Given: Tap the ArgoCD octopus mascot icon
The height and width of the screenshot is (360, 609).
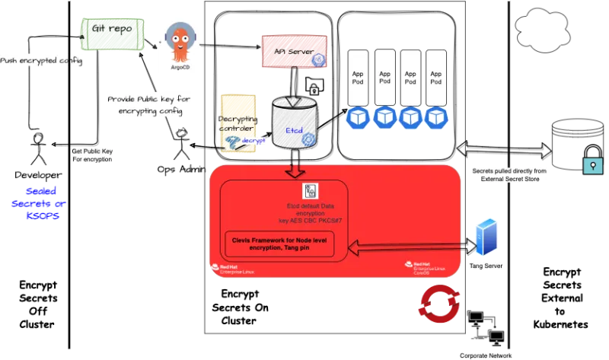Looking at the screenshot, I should tap(180, 42).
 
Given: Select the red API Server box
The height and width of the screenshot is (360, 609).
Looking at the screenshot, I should tap(295, 51).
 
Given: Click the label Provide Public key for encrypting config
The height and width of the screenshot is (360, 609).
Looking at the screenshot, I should tap(151, 105).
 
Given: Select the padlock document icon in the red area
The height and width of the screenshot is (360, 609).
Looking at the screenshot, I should tap(311, 191).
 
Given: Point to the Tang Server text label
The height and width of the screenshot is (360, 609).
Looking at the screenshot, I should tap(486, 267).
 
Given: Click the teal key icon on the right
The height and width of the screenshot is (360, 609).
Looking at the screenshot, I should tap(592, 166).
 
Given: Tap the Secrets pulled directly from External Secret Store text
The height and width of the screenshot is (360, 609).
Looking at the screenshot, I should tap(505, 175).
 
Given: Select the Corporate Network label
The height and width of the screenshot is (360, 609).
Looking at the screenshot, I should tap(487, 355).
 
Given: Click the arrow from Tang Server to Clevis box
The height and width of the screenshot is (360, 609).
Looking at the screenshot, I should tap(407, 246).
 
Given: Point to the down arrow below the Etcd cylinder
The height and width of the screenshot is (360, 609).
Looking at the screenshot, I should tap(294, 170).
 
